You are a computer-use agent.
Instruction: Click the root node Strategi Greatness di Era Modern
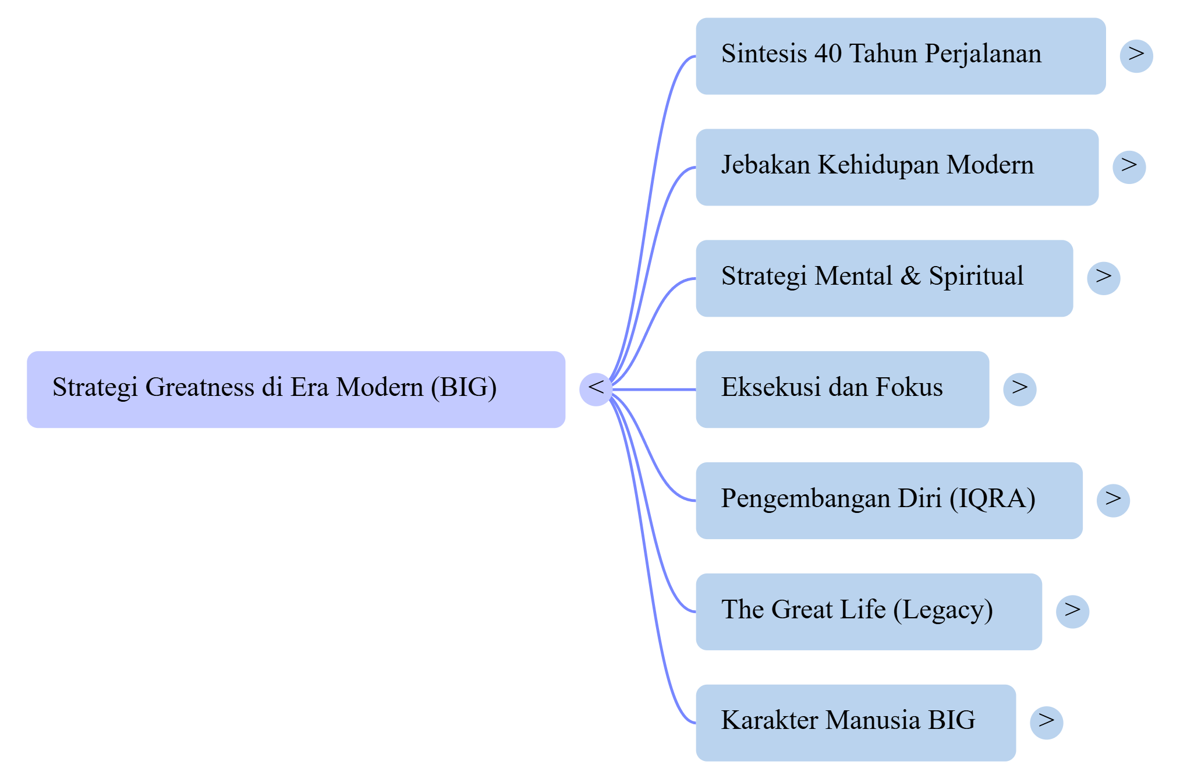pos(296,389)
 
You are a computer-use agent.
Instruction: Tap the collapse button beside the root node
pos(596,389)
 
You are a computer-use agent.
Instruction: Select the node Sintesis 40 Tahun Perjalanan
pos(900,56)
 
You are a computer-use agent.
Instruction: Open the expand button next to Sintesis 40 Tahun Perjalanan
pos(1136,56)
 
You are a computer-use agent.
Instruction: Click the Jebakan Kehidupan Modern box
pos(896,167)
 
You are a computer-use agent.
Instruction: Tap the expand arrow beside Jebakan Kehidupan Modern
pos(1129,167)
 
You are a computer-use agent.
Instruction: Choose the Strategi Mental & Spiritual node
pos(884,278)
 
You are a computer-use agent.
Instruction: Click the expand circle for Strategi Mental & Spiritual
pos(1103,278)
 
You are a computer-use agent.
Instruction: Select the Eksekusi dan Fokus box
pos(842,389)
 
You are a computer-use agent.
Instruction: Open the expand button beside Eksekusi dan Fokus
pos(1019,389)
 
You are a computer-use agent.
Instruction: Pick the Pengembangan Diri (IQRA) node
pos(889,500)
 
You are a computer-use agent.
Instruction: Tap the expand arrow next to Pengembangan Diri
pos(1112,500)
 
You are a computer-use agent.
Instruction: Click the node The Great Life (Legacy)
pos(869,611)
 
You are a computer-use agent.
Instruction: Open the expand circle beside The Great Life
pos(1072,611)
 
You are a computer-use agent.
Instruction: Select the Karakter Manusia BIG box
pos(855,723)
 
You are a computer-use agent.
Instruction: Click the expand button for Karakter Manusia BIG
pos(1046,723)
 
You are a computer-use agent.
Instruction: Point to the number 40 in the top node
pos(828,54)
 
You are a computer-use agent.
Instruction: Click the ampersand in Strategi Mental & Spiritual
pos(910,276)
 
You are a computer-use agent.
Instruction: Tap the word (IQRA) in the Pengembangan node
pos(993,498)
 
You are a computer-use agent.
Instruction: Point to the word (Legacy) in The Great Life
pos(943,610)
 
